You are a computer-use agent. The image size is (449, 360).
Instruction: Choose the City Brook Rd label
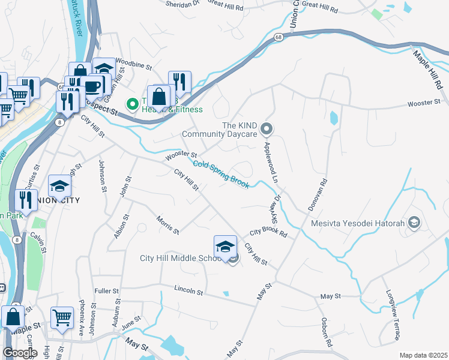pyautogui.click(x=268, y=232)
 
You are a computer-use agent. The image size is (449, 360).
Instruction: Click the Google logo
pyautogui.click(x=19, y=352)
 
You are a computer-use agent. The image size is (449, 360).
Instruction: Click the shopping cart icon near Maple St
pyautogui.click(x=62, y=318)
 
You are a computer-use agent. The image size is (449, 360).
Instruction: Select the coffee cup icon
pyautogui.click(x=92, y=86)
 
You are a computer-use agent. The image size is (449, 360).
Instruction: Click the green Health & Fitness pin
pyautogui.click(x=132, y=104)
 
